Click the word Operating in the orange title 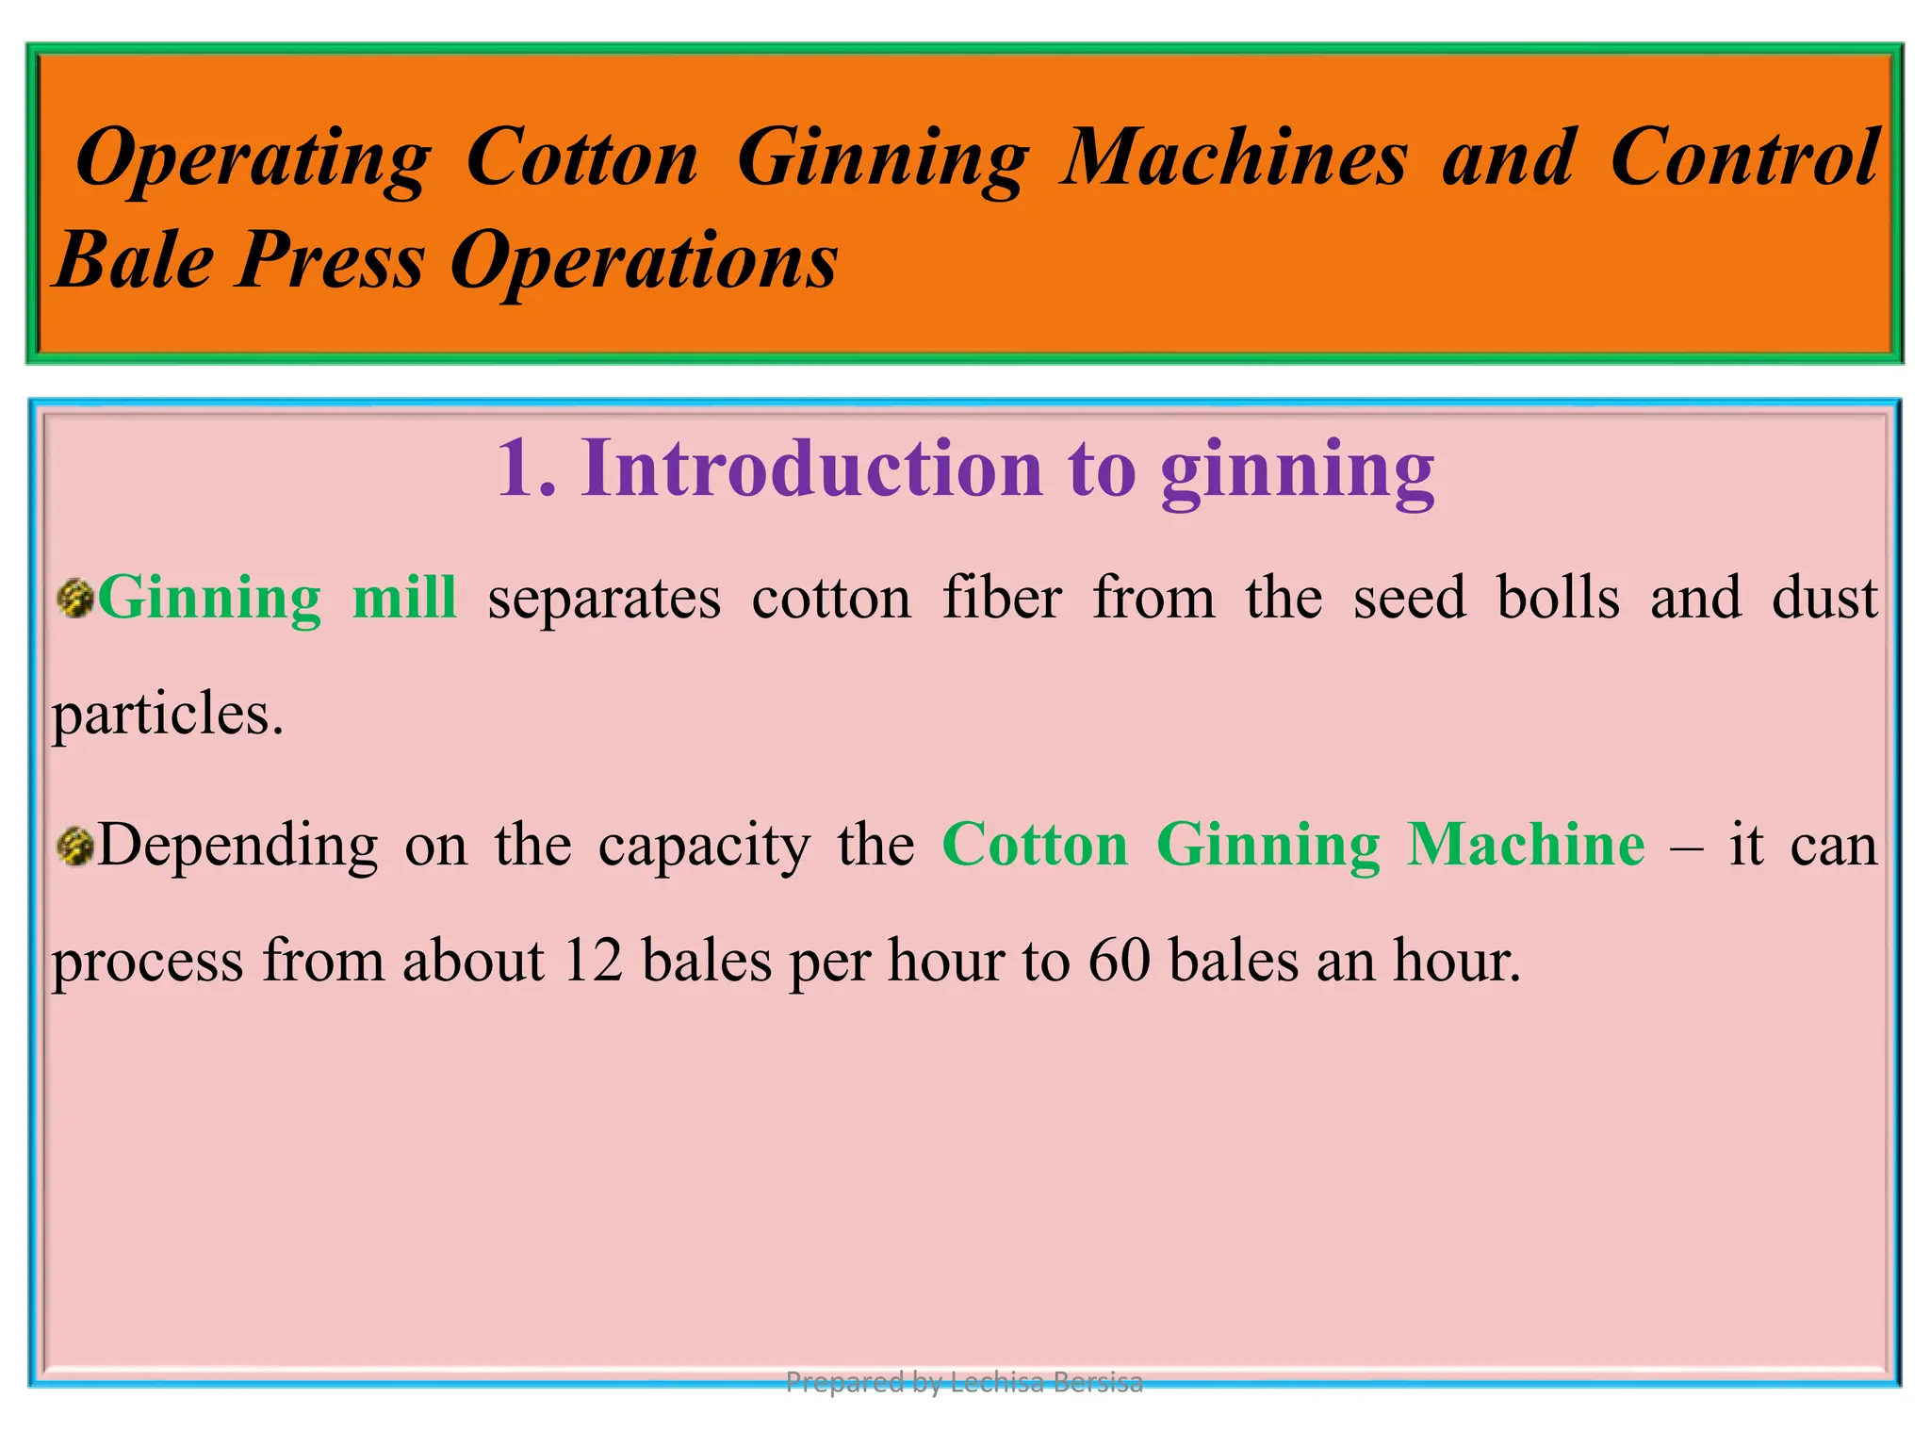point(253,158)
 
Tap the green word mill point(404,598)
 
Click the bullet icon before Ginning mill point(74,600)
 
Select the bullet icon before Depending point(74,846)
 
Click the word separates point(604,600)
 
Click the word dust point(1824,598)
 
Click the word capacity point(704,847)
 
